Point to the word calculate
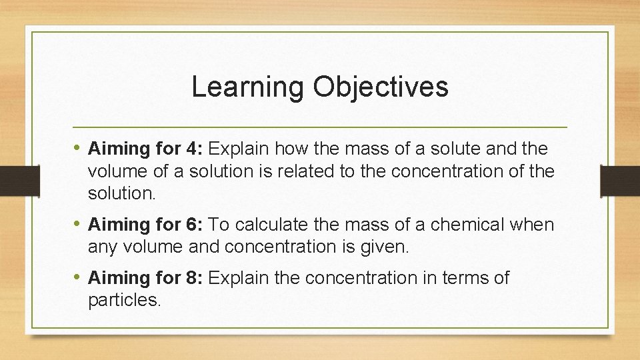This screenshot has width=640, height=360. (299, 225)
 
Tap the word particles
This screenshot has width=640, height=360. (123, 301)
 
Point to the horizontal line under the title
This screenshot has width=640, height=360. (320, 127)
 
